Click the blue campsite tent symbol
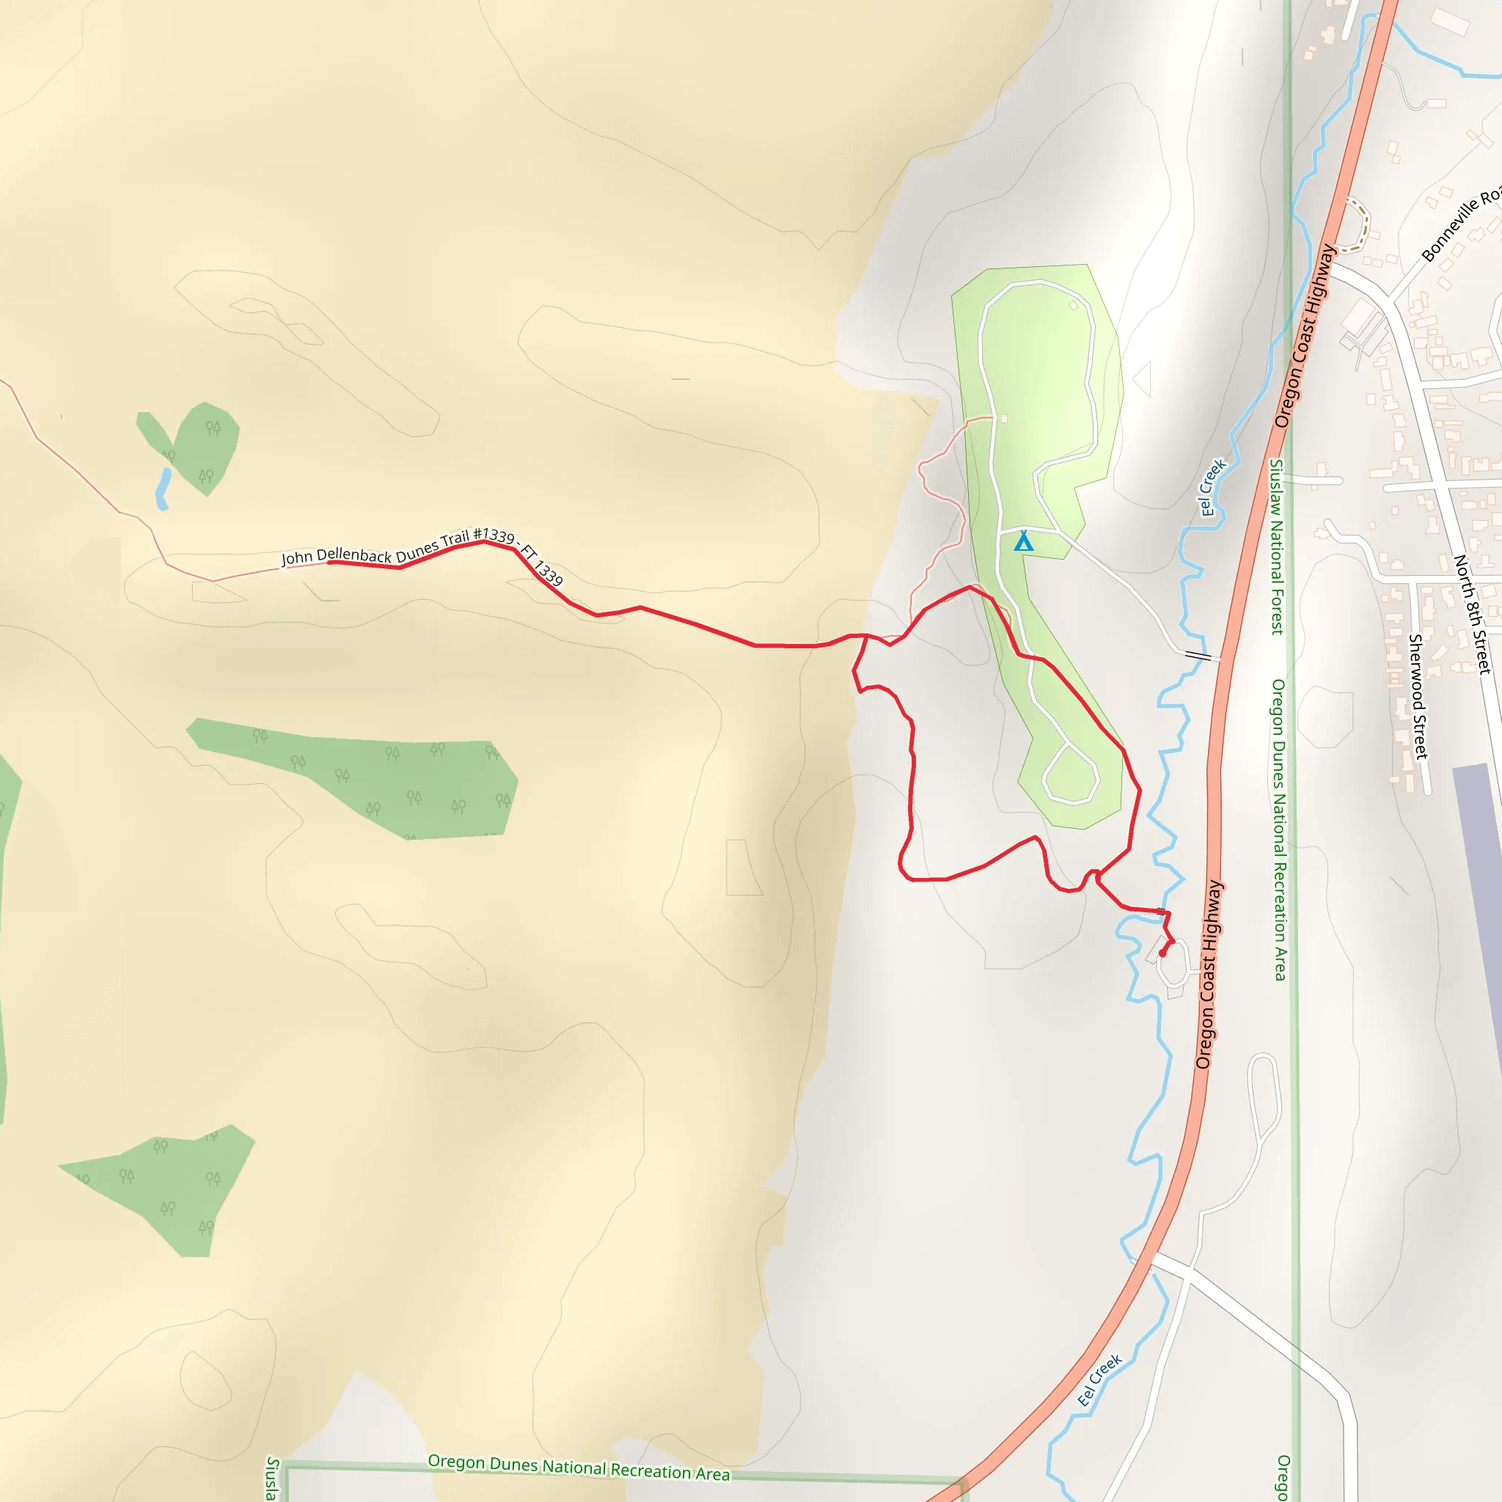[x=1024, y=542]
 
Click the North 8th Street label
[x=1473, y=613]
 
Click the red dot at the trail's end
[x=1162, y=953]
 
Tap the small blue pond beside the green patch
[x=163, y=489]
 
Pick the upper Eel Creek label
[x=1212, y=488]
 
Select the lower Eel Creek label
[x=1099, y=1381]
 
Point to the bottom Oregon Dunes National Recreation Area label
[x=579, y=1466]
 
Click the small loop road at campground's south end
[x=1070, y=774]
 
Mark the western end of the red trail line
[x=331, y=561]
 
